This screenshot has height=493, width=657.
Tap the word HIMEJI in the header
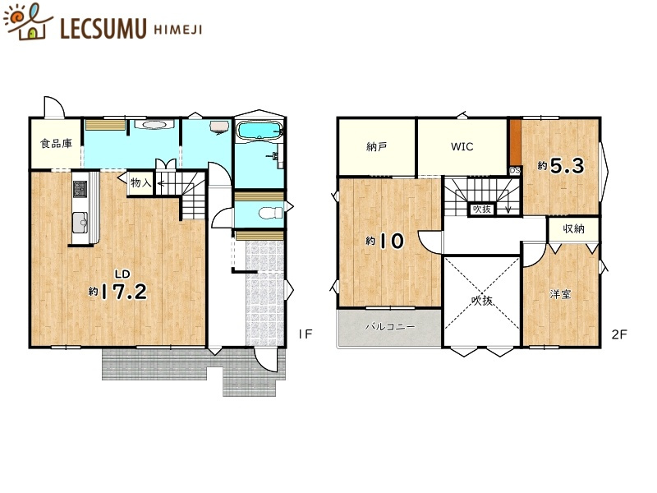click(x=177, y=30)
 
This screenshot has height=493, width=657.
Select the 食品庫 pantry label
click(x=56, y=144)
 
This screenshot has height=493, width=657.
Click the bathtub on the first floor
click(x=259, y=130)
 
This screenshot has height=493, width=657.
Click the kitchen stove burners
click(x=80, y=189)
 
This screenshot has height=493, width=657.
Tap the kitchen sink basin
click(x=80, y=222)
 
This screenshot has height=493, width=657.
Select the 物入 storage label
click(x=140, y=182)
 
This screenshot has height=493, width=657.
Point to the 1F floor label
click(x=306, y=334)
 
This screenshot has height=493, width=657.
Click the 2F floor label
click(x=619, y=334)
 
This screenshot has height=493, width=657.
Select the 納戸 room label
click(x=376, y=147)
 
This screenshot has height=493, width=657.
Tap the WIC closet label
click(x=462, y=147)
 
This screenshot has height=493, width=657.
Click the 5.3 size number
click(x=567, y=166)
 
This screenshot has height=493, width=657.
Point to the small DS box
click(x=515, y=171)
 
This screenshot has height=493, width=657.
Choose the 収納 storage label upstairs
click(x=573, y=229)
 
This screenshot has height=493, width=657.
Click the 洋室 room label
click(x=561, y=294)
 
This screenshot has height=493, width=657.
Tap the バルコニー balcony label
click(x=389, y=326)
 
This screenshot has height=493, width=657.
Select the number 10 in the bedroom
click(x=392, y=241)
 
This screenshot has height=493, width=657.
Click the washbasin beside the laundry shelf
click(x=154, y=125)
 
